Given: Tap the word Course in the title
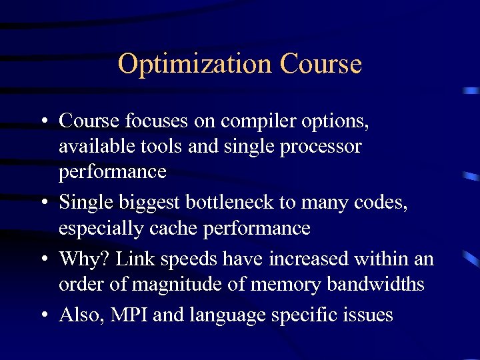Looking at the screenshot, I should click(x=321, y=64).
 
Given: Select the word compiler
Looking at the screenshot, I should click(x=256, y=122).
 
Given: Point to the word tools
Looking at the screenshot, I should click(x=163, y=146).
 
